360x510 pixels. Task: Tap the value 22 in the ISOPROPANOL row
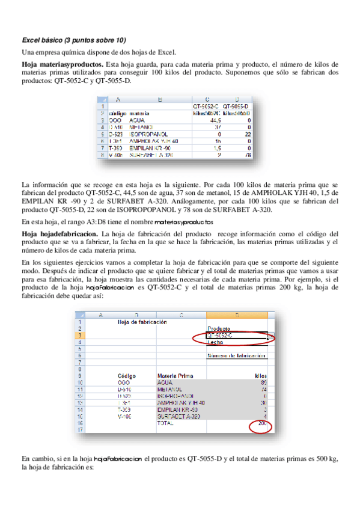pos(247,134)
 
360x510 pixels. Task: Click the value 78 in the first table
pos(246,155)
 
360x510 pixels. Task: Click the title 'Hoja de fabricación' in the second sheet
pos(141,322)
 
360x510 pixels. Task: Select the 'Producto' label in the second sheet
pos(219,328)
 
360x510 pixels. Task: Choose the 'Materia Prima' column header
pos(175,375)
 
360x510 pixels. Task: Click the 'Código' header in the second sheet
pos(127,375)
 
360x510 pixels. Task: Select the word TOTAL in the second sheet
pos(165,424)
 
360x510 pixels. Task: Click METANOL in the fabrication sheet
pos(169,389)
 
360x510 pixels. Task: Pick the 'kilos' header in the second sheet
pos(260,375)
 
